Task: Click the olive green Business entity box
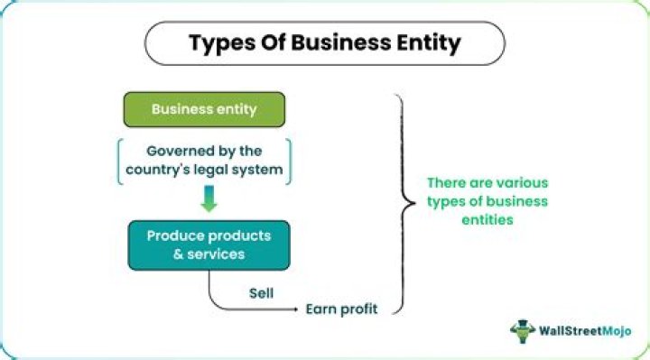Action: click(x=204, y=109)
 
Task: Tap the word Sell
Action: click(x=262, y=293)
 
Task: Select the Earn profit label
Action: click(x=340, y=310)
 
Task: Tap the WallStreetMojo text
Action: click(x=585, y=331)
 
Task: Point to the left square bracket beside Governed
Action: click(x=118, y=160)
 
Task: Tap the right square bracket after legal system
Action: click(x=291, y=160)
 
